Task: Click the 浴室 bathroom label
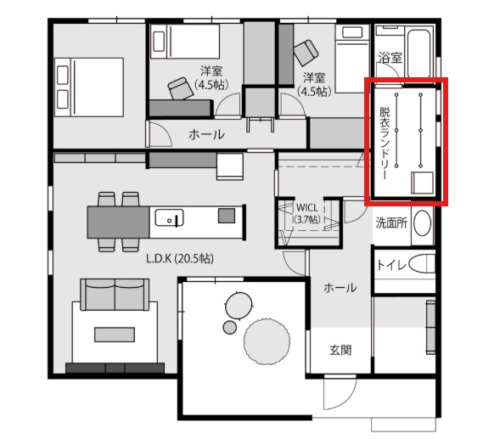pyautogui.click(x=390, y=58)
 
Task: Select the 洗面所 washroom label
pyautogui.click(x=391, y=223)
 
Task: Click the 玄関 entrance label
pyautogui.click(x=340, y=351)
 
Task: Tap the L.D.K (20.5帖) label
pyautogui.click(x=180, y=258)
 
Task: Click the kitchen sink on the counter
pyautogui.click(x=169, y=218)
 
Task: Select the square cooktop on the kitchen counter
pyautogui.click(x=227, y=216)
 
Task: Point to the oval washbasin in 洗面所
pyautogui.click(x=422, y=223)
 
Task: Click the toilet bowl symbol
pyautogui.click(x=422, y=264)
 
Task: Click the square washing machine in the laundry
pyautogui.click(x=423, y=183)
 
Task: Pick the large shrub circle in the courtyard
pyautogui.click(x=267, y=341)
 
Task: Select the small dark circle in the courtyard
pyautogui.click(x=229, y=327)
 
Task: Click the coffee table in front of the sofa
pyautogui.click(x=115, y=335)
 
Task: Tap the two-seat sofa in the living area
pyautogui.click(x=115, y=295)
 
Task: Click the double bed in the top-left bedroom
pyautogui.click(x=89, y=87)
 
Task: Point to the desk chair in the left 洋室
pyautogui.click(x=181, y=88)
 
